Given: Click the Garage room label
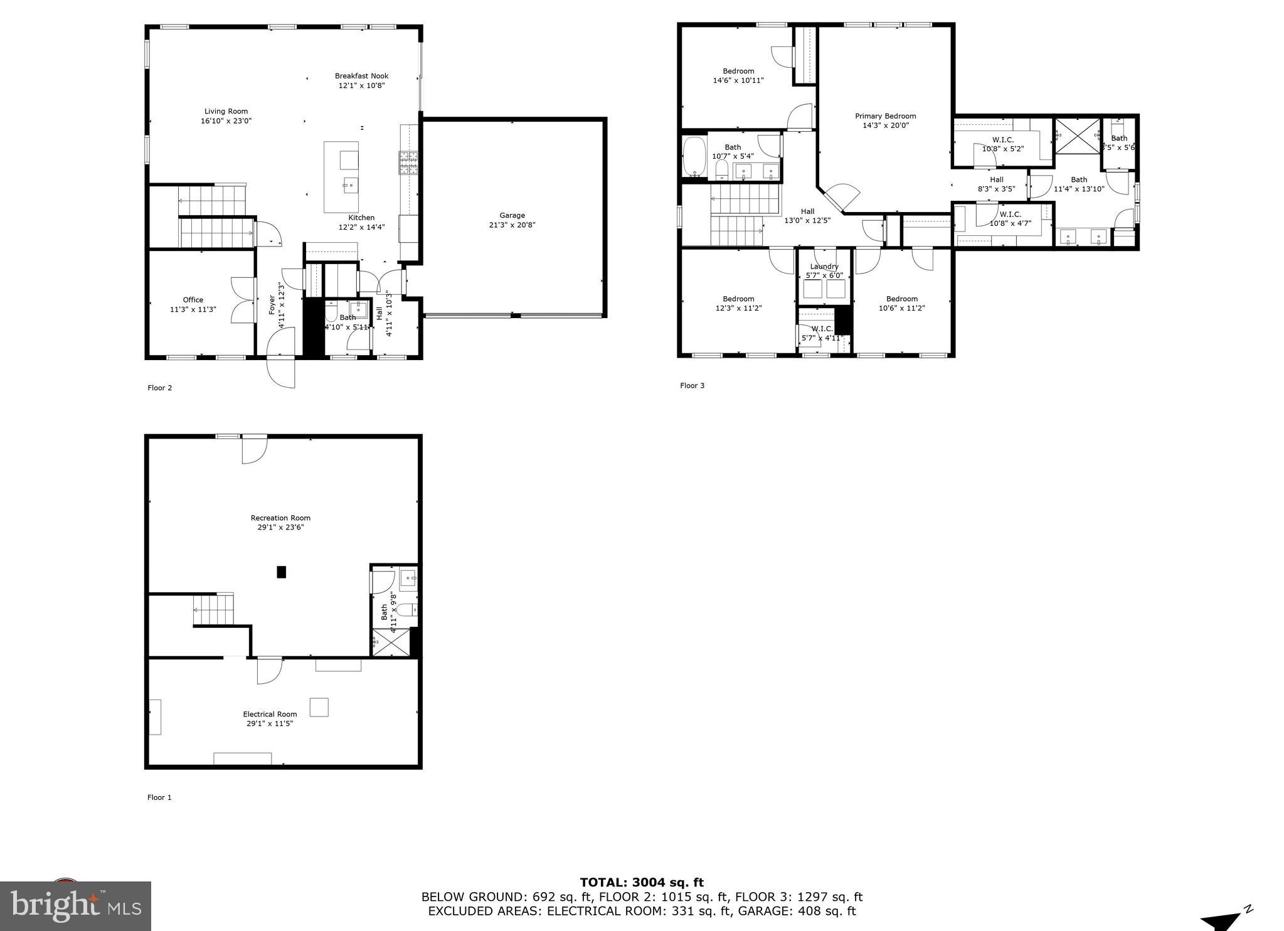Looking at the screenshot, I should click(x=512, y=215).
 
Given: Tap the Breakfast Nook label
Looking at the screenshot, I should click(x=361, y=76).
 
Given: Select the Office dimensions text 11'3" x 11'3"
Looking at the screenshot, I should click(x=193, y=309).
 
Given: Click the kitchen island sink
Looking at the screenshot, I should click(x=350, y=184).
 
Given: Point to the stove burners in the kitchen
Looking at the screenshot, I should click(x=408, y=162).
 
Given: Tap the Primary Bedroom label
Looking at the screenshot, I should click(x=885, y=116).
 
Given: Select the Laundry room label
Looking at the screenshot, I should click(x=824, y=267).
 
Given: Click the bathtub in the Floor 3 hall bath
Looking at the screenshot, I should click(x=694, y=157).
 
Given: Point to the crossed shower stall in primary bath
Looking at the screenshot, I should click(x=1077, y=136).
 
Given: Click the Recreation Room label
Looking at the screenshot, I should click(x=280, y=518).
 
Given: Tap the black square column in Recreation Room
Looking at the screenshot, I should click(x=282, y=572).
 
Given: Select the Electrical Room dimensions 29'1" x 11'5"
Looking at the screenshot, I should click(x=270, y=723).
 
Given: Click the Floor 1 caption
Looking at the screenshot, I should click(x=159, y=797).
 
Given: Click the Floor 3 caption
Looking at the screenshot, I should click(x=692, y=385).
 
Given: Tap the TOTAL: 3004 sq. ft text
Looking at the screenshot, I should click(x=641, y=883).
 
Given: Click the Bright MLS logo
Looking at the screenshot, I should click(x=75, y=906).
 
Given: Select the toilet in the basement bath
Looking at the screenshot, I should click(x=406, y=609).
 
